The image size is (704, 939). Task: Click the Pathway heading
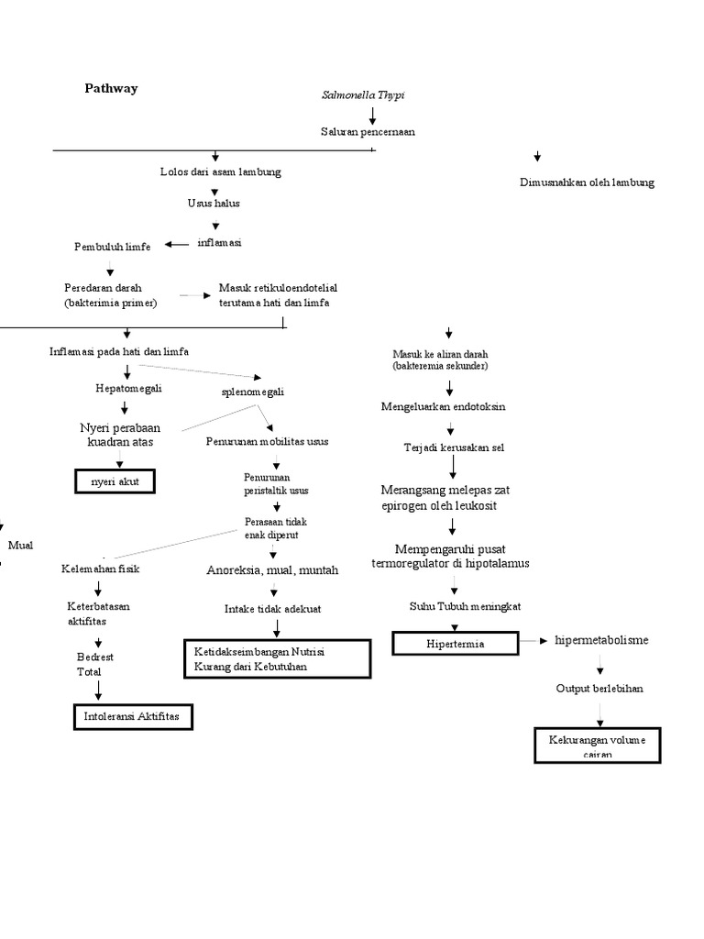(111, 89)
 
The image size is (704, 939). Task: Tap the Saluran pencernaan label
(368, 132)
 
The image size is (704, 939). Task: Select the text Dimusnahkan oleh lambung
(586, 182)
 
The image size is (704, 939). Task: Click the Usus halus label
(214, 204)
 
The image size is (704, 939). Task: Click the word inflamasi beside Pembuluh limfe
(220, 243)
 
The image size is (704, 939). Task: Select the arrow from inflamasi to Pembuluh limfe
(178, 244)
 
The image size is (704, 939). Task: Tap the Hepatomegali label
(128, 389)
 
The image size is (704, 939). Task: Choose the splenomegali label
(253, 392)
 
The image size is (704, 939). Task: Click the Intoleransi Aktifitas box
(134, 715)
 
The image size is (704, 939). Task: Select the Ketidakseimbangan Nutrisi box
(278, 659)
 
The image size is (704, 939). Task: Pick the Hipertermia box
(456, 644)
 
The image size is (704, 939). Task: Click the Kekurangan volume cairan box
(597, 745)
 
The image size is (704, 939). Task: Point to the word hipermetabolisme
(601, 640)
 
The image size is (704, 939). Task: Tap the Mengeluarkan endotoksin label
(444, 406)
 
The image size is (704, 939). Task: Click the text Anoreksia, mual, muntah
(272, 570)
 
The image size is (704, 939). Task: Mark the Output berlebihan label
(599, 689)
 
